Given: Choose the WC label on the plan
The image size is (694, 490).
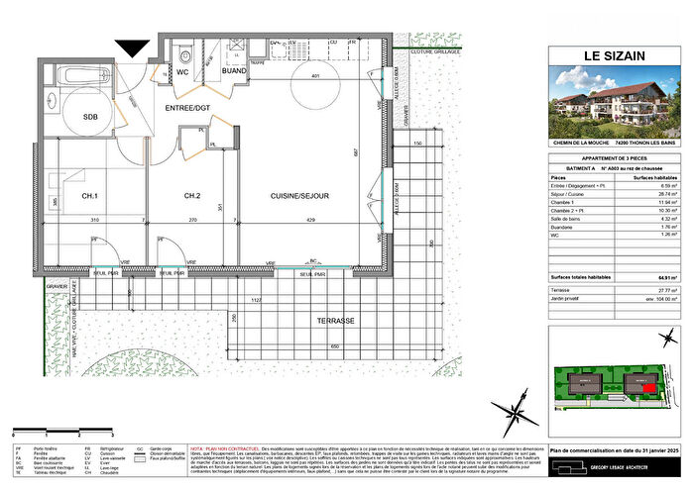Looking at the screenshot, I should pos(182,71).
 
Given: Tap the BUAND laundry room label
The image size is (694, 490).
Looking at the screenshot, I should pos(234,71).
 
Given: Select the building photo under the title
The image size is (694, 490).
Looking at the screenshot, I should pos(607,111).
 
